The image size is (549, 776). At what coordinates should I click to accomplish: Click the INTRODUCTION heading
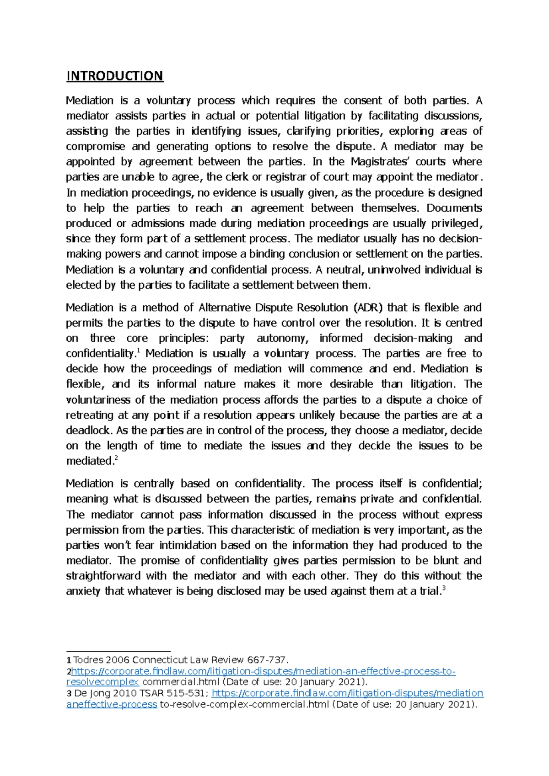[114, 76]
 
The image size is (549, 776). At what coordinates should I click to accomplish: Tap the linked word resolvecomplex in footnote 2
[102, 682]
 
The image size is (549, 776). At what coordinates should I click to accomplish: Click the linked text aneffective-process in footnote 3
[112, 704]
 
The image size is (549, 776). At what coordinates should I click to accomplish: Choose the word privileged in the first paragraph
[455, 223]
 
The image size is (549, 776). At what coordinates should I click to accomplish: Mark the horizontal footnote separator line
[118, 651]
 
